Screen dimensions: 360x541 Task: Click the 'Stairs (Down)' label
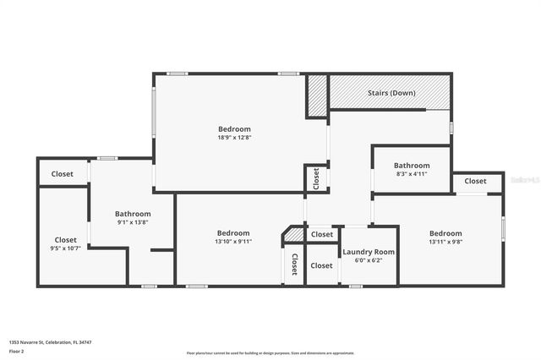(x=391, y=93)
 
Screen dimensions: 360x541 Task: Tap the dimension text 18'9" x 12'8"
(x=234, y=137)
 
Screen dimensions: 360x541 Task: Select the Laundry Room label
(x=369, y=252)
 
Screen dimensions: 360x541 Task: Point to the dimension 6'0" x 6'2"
(x=369, y=260)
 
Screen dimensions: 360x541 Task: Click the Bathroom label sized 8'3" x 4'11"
(x=412, y=166)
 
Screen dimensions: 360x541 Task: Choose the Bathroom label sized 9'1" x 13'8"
(x=133, y=214)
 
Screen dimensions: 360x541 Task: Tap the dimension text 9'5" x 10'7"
(x=65, y=248)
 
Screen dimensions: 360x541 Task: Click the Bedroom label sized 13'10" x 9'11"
(x=233, y=233)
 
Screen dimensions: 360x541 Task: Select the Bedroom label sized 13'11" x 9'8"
(x=445, y=233)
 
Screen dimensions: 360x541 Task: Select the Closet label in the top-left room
(x=63, y=174)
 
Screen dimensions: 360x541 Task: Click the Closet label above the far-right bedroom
(x=475, y=181)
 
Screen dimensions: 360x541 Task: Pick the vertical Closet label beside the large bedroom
(x=316, y=177)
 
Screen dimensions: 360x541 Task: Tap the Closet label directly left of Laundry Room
(x=321, y=265)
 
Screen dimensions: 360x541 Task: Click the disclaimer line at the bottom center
(x=270, y=352)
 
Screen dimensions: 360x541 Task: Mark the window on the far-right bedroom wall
(x=503, y=228)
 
